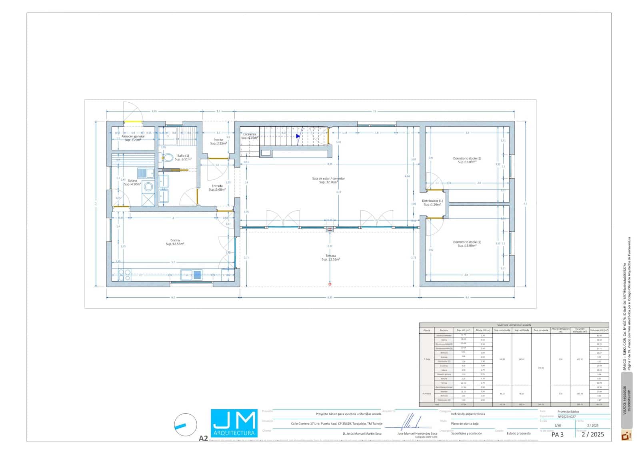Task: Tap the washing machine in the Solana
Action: click(x=148, y=186)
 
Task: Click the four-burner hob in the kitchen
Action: click(x=124, y=275)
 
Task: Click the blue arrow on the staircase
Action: click(x=298, y=136)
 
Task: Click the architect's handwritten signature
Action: click(x=411, y=422)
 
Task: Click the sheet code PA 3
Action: click(x=557, y=434)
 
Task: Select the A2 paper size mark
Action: click(x=203, y=438)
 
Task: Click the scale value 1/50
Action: click(x=558, y=426)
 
